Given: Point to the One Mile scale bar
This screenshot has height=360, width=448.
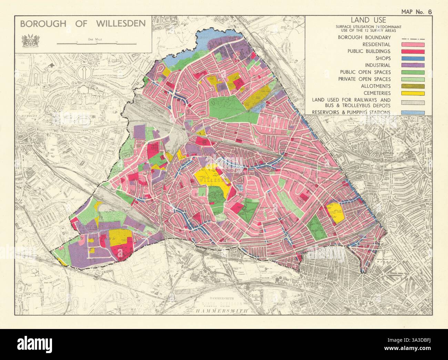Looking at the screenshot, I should tap(96, 44).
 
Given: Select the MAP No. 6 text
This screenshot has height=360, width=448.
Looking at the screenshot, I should tap(416, 11).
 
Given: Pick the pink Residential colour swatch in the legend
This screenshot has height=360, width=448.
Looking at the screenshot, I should tap(412, 44).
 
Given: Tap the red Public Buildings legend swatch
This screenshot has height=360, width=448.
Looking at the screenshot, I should tap(412, 51).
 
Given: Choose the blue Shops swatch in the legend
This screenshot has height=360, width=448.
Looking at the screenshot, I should tap(412, 58).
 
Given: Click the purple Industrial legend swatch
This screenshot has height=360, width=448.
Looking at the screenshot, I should tap(412, 65).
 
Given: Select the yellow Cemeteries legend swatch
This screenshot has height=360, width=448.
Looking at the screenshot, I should tap(412, 93).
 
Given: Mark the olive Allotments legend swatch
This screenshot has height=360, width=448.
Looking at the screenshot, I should tap(412, 86).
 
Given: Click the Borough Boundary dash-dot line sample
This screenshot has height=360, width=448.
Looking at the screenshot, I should tap(412, 38).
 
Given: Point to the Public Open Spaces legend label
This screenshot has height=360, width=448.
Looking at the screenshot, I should tap(365, 72).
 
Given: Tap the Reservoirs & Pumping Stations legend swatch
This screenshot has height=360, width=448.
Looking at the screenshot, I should tap(412, 113).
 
